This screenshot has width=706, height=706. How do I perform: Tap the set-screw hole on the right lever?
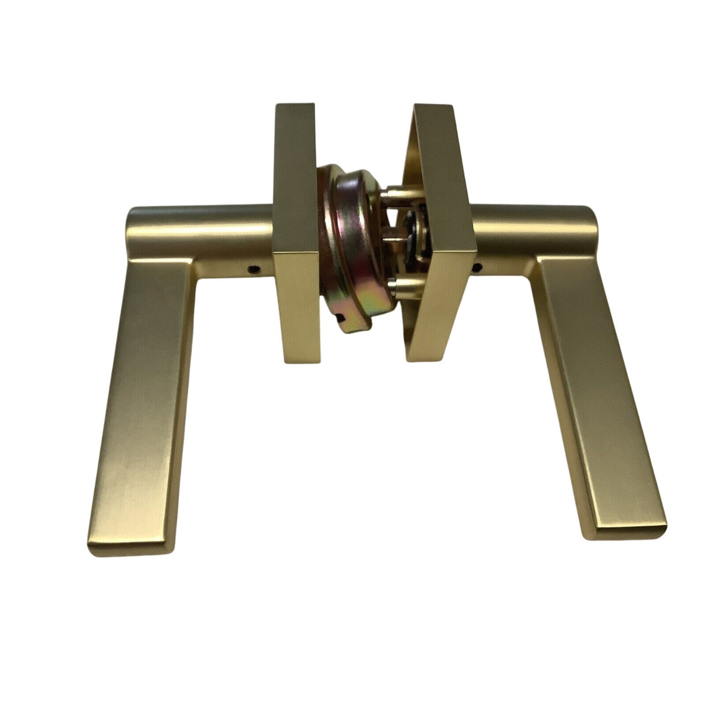(477, 269)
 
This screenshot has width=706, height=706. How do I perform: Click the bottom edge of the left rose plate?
(301, 361)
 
